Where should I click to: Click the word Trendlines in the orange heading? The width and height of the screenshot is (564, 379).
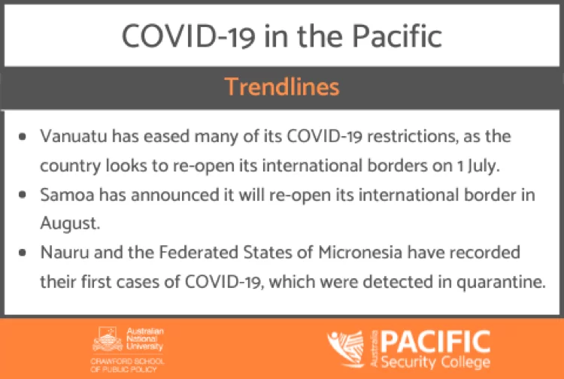(x=282, y=87)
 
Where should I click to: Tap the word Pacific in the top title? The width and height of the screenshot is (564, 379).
(x=397, y=36)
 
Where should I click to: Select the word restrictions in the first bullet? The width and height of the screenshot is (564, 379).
(x=413, y=136)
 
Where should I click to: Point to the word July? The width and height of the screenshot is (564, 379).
(x=484, y=166)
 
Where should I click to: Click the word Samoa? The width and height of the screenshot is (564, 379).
(x=67, y=195)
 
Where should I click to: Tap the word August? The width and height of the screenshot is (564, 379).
(x=70, y=223)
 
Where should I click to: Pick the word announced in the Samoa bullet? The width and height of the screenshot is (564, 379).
(x=174, y=195)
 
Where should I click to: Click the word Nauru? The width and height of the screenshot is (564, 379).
(x=65, y=253)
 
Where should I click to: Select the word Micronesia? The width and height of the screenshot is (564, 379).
(x=360, y=253)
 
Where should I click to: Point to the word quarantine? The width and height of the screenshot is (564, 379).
(x=501, y=282)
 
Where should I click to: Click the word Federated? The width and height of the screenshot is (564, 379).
(x=199, y=253)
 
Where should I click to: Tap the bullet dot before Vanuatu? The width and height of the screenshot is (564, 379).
(x=23, y=137)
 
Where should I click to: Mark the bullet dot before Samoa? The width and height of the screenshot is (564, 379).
(x=23, y=195)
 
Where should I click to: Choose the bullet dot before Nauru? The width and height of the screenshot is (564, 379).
(x=23, y=253)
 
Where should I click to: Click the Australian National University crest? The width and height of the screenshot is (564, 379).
(x=108, y=339)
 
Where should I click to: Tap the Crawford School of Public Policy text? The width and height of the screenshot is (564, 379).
(x=127, y=365)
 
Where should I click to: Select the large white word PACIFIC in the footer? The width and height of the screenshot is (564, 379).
(x=435, y=341)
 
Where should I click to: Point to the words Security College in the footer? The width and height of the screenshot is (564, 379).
(x=435, y=362)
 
